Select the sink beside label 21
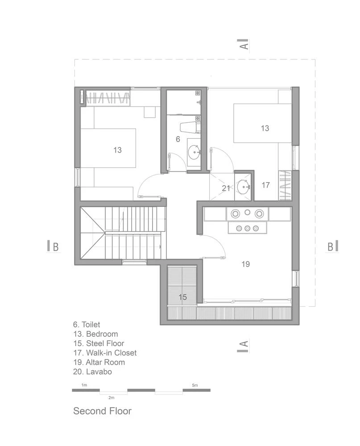click(244, 187)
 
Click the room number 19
click(246, 264)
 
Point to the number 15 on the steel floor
click(182, 297)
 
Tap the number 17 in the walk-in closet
click(265, 185)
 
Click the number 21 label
click(226, 188)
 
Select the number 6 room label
click(178, 139)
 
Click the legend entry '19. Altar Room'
click(99, 362)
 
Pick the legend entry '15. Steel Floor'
click(99, 343)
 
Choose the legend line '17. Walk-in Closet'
click(105, 353)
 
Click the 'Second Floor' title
click(103, 411)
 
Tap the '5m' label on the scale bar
click(194, 385)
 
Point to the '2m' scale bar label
click(111, 398)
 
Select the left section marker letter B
click(56, 247)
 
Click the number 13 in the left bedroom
click(117, 150)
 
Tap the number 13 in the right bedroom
click(265, 128)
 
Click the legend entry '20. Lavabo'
click(92, 372)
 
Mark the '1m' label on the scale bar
click(84, 385)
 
